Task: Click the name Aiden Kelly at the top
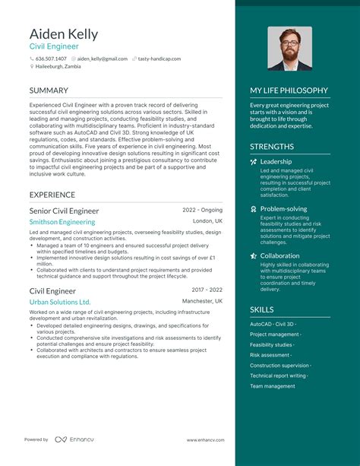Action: (x=65, y=34)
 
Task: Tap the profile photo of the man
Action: (x=289, y=49)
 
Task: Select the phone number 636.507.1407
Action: (x=51, y=59)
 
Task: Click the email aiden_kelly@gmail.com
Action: (x=102, y=59)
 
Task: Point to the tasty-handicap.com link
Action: (x=159, y=59)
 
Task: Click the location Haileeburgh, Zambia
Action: (x=58, y=67)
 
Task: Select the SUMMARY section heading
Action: (x=49, y=90)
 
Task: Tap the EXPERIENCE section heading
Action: (x=52, y=195)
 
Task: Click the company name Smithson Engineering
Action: (x=62, y=222)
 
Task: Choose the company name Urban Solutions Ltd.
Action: (x=60, y=302)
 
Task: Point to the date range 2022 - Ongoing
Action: (x=202, y=210)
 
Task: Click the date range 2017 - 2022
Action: (x=207, y=290)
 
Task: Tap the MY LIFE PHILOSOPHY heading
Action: (x=289, y=90)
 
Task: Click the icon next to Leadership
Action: (x=254, y=162)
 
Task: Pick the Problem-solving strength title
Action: (x=283, y=208)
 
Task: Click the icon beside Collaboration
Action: (x=254, y=256)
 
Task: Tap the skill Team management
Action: (x=273, y=386)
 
